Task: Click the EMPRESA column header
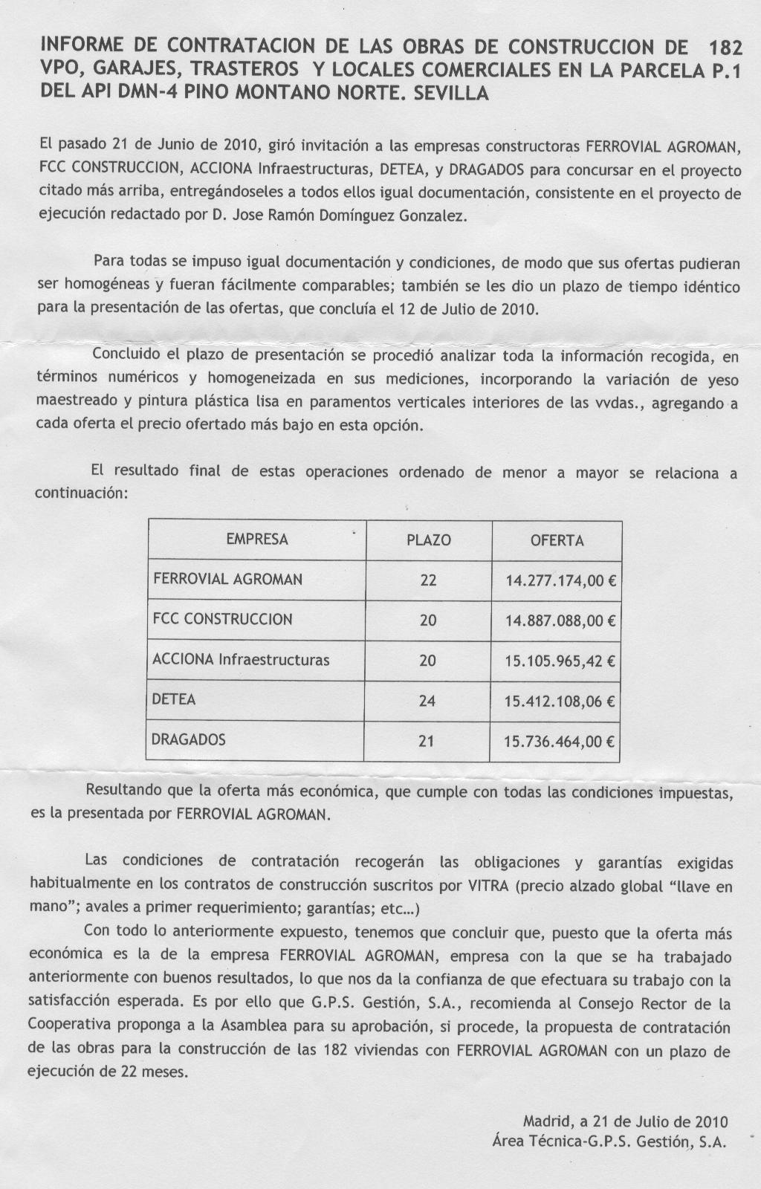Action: pyautogui.click(x=256, y=540)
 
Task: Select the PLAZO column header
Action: pyautogui.click(x=428, y=540)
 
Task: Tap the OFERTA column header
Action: pyautogui.click(x=557, y=540)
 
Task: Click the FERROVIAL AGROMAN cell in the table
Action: pyautogui.click(x=227, y=579)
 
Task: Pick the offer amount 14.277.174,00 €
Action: pyautogui.click(x=561, y=581)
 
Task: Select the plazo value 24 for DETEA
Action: pyautogui.click(x=427, y=701)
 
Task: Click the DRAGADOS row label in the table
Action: pyautogui.click(x=189, y=739)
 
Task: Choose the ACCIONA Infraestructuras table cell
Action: pyautogui.click(x=241, y=659)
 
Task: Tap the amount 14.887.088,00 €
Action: pyautogui.click(x=561, y=621)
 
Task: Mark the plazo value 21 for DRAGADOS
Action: pyautogui.click(x=427, y=741)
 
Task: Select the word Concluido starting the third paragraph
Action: pyautogui.click(x=126, y=354)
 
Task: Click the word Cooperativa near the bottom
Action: pyautogui.click(x=69, y=1027)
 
